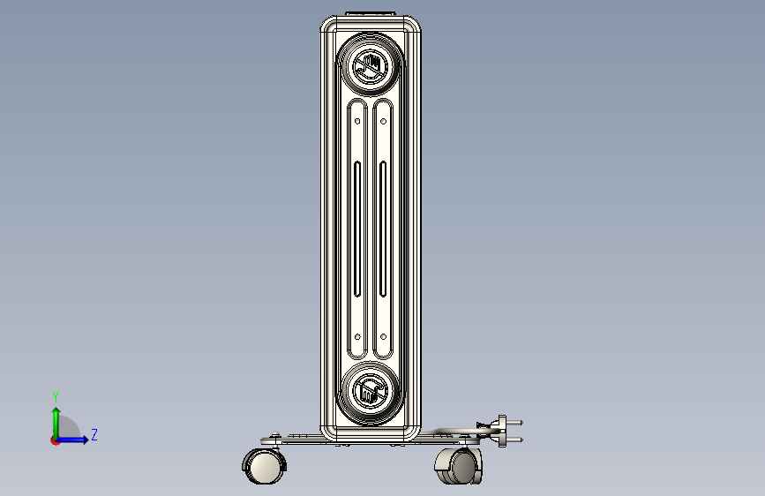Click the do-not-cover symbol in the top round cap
click(x=371, y=66)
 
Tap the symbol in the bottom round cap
click(x=371, y=393)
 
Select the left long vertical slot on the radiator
click(x=357, y=229)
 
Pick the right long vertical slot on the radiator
click(x=383, y=229)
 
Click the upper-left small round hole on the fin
click(x=357, y=121)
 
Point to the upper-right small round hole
click(x=384, y=121)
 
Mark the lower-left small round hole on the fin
click(x=357, y=337)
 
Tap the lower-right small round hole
click(x=384, y=337)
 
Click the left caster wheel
click(x=264, y=466)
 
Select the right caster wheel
click(x=459, y=466)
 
